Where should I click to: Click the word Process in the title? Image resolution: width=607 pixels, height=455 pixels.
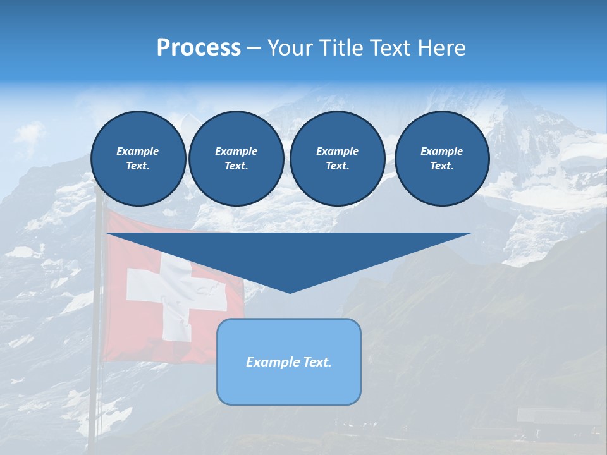(x=199, y=47)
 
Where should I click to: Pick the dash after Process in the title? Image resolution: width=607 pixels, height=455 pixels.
(x=254, y=49)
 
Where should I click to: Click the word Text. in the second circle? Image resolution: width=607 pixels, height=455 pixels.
(x=236, y=166)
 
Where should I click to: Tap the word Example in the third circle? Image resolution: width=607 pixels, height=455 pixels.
(x=337, y=151)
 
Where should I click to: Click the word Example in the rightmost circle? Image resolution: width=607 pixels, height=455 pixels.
(x=441, y=151)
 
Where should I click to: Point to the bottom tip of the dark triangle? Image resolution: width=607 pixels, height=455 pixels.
(x=290, y=292)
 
